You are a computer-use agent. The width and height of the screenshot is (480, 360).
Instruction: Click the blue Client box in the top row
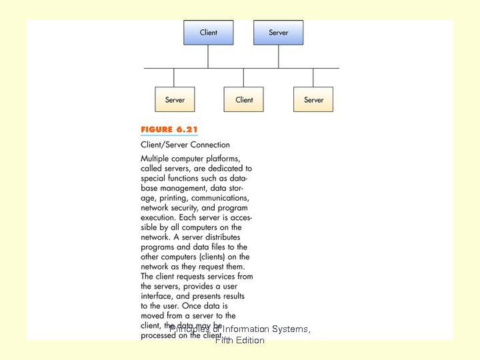pyautogui.click(x=209, y=33)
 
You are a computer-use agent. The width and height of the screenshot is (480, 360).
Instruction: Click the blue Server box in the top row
pyautogui.click(x=279, y=33)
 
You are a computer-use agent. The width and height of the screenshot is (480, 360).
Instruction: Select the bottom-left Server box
pyautogui.click(x=175, y=99)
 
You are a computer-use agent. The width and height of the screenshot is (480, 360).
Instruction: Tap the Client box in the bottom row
pyautogui.click(x=244, y=99)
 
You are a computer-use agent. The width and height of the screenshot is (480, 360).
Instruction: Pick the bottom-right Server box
pyautogui.click(x=313, y=99)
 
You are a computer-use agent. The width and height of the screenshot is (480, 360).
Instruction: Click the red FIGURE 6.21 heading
pyautogui.click(x=169, y=129)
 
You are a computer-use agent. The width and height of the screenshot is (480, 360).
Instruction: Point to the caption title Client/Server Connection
pyautogui.click(x=185, y=145)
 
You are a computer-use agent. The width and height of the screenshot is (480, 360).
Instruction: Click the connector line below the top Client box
pyautogui.click(x=209, y=57)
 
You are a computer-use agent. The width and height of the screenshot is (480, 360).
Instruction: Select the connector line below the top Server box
pyautogui.click(x=279, y=57)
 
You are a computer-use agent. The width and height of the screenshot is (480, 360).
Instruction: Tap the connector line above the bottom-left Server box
pyautogui.click(x=175, y=77)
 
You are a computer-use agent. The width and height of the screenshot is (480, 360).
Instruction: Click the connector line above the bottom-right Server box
pyautogui.click(x=313, y=77)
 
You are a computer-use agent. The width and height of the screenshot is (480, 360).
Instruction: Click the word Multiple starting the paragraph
pyautogui.click(x=155, y=159)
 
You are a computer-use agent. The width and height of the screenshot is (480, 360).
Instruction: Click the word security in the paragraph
pyautogui.click(x=189, y=208)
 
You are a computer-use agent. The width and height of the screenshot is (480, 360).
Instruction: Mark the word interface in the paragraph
pyautogui.click(x=158, y=296)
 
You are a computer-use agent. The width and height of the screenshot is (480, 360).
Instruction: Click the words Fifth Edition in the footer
pyautogui.click(x=239, y=341)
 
